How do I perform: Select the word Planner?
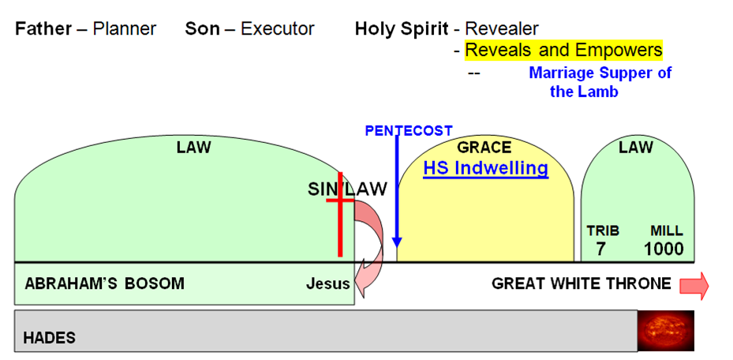point(125,29)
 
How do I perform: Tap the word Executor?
point(277,29)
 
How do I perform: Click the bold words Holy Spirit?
point(402,29)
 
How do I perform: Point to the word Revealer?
point(502,29)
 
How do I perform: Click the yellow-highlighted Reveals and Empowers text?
point(563,51)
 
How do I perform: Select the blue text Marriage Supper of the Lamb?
point(600,82)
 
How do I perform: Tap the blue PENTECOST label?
point(409,131)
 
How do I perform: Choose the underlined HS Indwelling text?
point(485,168)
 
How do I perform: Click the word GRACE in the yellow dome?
point(484,148)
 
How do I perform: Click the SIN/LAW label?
point(347,189)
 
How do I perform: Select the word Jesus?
point(327,283)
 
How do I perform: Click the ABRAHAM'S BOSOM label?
point(104,283)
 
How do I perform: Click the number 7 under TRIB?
point(602,249)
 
